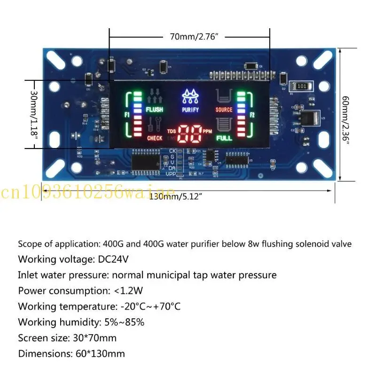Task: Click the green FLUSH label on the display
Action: coord(154,110)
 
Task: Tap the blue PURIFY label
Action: coord(190,110)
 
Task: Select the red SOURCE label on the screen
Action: coord(224,110)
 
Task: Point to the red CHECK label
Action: coord(155,138)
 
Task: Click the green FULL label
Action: coord(224,138)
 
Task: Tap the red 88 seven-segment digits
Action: coord(190,135)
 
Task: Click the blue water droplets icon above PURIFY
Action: coord(190,97)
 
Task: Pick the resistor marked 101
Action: coord(302,86)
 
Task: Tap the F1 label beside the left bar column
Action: coord(127,115)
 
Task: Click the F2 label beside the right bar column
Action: coord(252,115)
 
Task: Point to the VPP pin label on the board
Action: coord(171,174)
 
